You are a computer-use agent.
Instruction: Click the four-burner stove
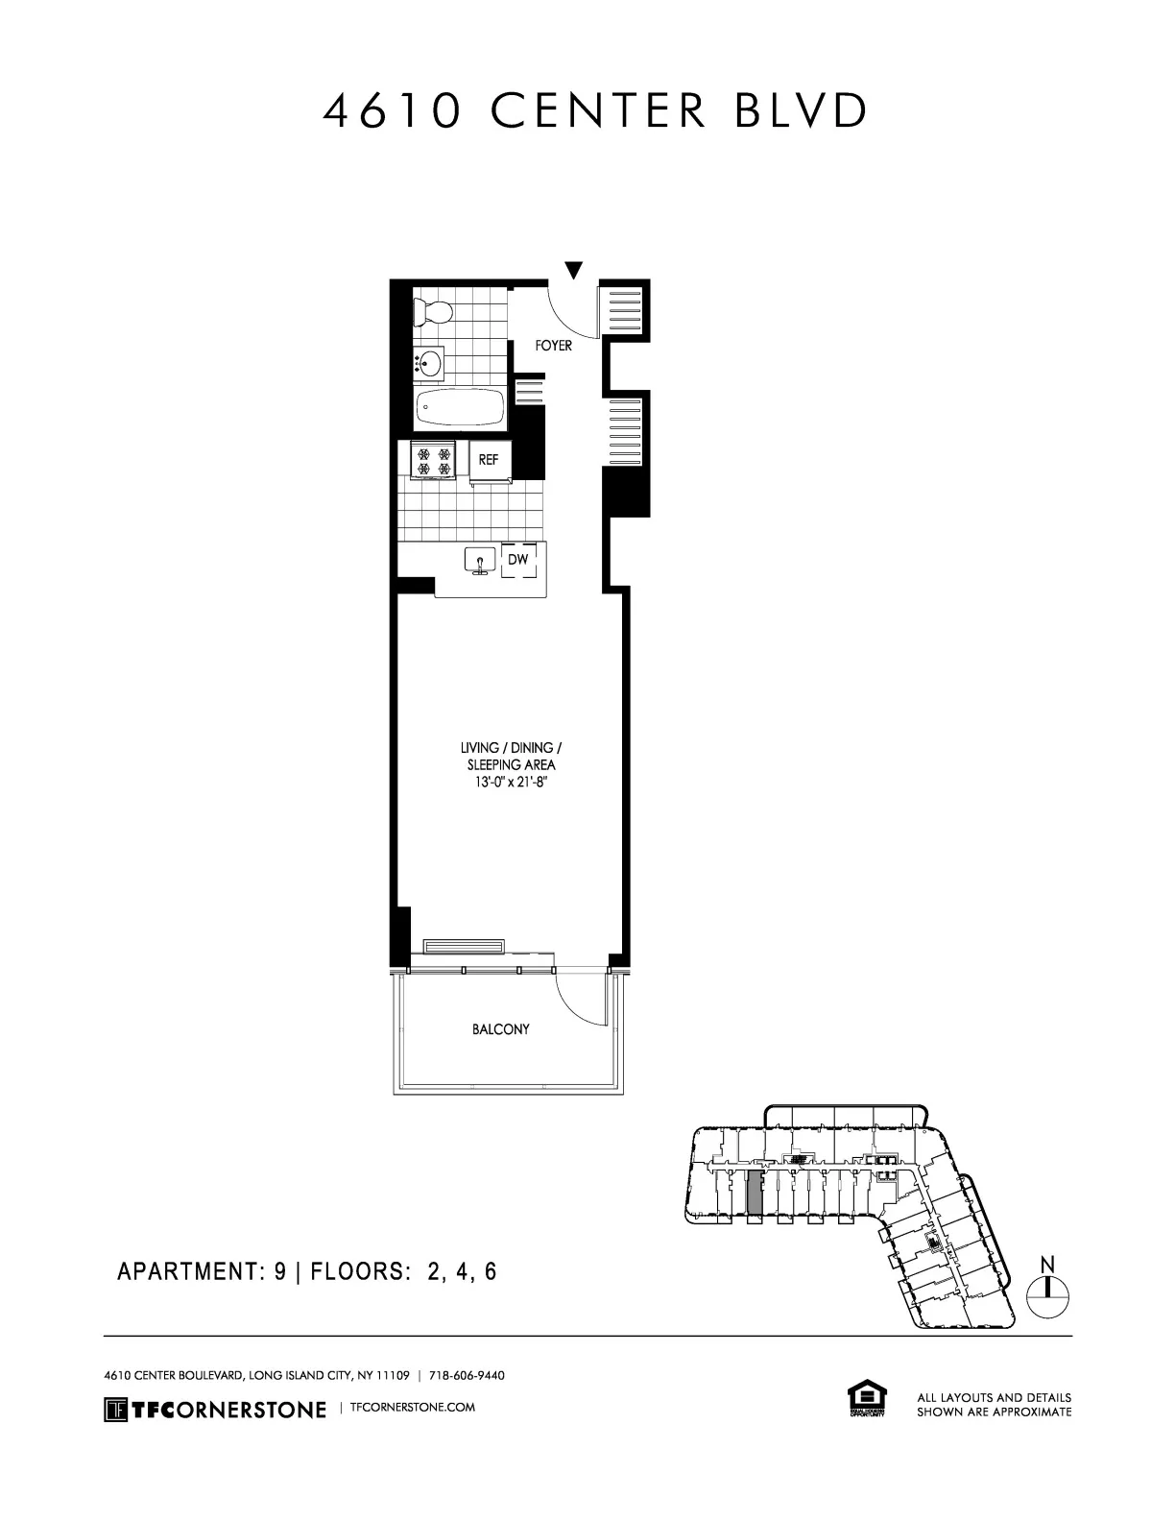click(432, 459)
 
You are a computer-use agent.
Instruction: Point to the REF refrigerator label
click(489, 460)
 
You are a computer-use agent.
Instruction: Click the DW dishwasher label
click(517, 559)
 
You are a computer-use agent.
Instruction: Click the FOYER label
click(554, 346)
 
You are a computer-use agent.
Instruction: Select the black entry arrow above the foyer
click(573, 270)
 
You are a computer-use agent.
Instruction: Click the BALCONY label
click(500, 1029)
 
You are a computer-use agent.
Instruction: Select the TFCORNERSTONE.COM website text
click(414, 1408)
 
